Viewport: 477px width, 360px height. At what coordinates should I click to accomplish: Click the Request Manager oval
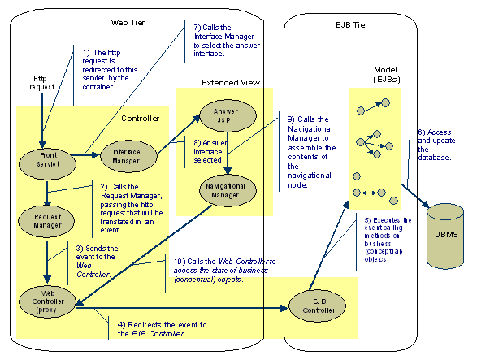click(x=48, y=223)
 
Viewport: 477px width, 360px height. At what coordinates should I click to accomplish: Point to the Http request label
click(x=36, y=82)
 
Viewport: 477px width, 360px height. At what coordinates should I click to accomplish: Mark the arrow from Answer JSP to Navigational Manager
click(x=227, y=152)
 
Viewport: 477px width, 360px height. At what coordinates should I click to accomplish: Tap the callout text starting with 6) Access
click(x=435, y=145)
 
